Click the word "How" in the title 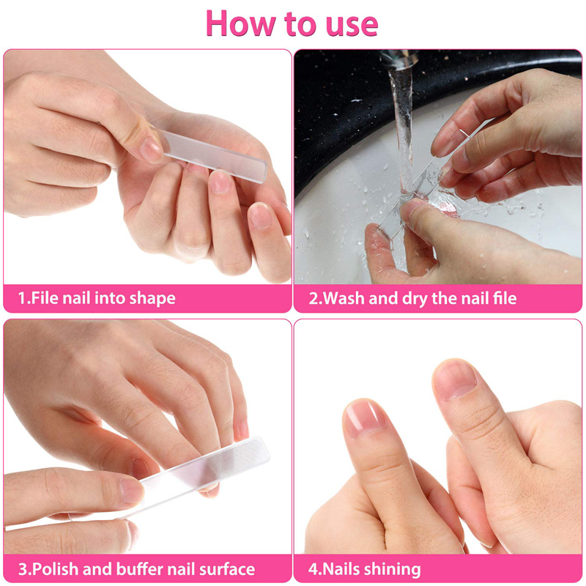tap(240, 23)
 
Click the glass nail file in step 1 tap(212, 156)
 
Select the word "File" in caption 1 tap(45, 298)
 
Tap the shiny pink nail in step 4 tap(364, 417)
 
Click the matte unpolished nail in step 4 tap(454, 379)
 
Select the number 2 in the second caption tap(314, 298)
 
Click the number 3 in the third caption tap(23, 569)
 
